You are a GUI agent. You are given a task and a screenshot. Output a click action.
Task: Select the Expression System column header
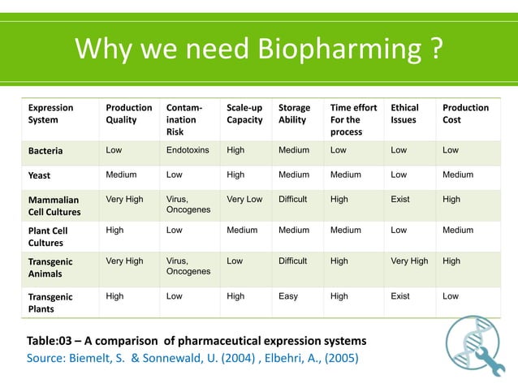click(51, 114)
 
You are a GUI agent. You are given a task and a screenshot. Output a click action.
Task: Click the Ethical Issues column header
click(404, 114)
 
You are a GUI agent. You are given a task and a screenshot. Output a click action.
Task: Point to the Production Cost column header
click(465, 114)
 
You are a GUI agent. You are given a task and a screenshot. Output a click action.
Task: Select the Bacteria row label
click(45, 151)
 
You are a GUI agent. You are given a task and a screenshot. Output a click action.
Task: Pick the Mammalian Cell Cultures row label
click(54, 206)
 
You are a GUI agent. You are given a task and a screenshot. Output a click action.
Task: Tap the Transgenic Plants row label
click(50, 304)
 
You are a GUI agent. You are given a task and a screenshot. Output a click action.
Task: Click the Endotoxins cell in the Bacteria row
click(188, 150)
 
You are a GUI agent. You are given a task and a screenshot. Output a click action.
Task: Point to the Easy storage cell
click(288, 296)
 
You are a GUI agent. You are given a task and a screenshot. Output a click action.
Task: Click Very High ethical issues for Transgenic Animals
click(409, 261)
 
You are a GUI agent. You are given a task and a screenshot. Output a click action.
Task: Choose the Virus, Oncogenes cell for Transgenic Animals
click(188, 266)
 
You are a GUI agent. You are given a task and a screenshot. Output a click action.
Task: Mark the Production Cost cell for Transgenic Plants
click(451, 296)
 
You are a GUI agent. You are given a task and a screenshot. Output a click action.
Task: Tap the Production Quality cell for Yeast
click(121, 175)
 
